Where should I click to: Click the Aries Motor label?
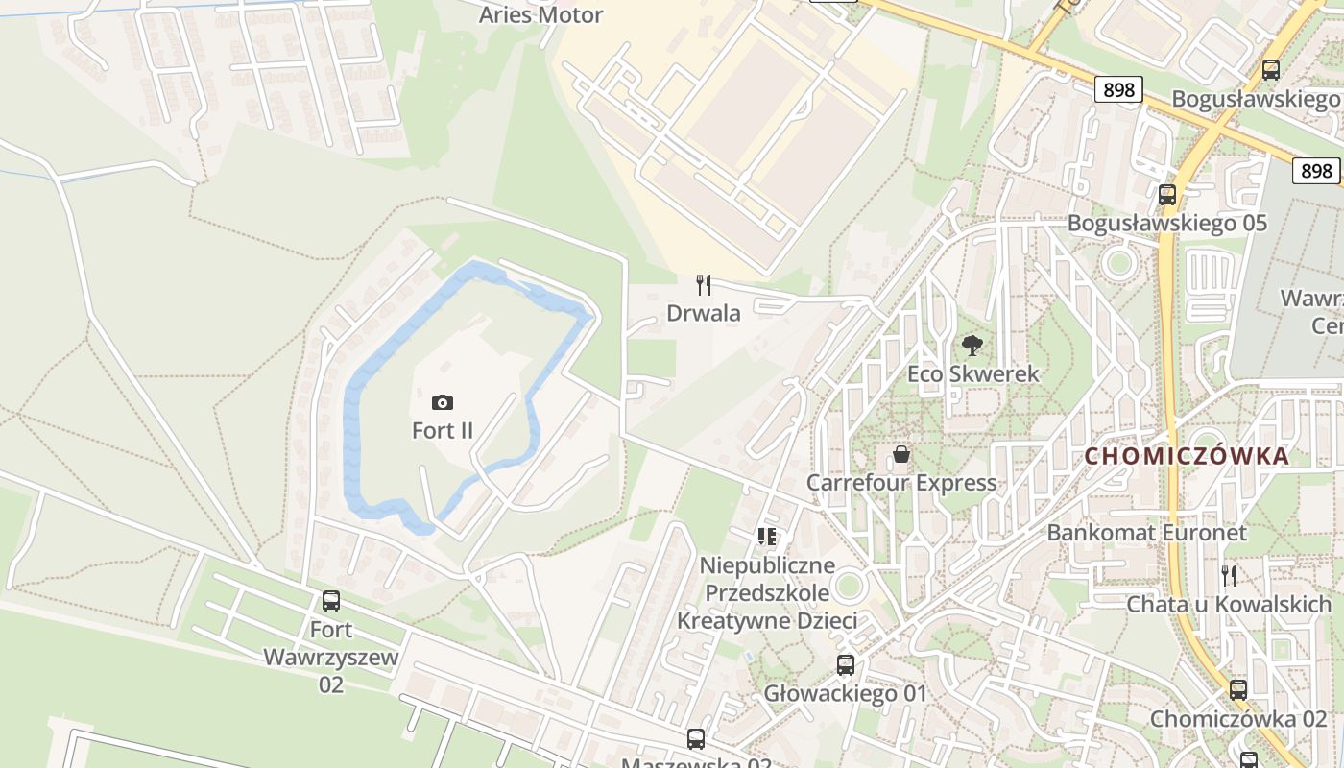pos(540,14)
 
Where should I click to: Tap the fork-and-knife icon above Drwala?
pos(704,285)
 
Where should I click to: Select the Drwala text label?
pos(704,314)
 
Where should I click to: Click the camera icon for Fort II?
pos(443,402)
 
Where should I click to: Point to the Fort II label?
pos(443,430)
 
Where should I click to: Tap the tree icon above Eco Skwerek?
pos(972,346)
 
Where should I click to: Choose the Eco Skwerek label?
pos(972,373)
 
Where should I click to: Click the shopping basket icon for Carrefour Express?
pos(900,454)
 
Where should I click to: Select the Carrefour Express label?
pos(900,482)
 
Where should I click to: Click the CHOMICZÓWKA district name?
pos(1187,456)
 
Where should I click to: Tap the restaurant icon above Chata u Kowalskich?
pos(1228,575)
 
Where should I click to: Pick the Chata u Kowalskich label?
pos(1228,604)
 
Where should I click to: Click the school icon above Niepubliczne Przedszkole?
pos(766,536)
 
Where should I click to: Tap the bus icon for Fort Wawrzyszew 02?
pos(330,601)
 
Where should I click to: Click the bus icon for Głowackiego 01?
pos(845,664)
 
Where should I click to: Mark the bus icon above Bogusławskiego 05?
pos(1167,194)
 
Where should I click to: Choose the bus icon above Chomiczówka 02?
pos(1237,689)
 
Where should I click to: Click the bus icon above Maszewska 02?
pos(696,739)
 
